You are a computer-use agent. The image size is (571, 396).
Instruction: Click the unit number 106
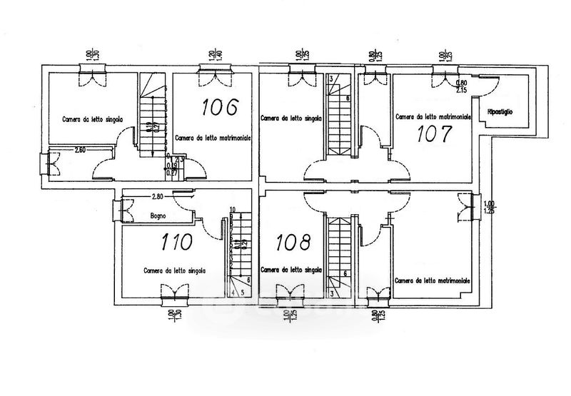pyautogui.click(x=219, y=107)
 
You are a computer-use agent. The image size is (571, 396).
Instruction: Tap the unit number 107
pyautogui.click(x=435, y=133)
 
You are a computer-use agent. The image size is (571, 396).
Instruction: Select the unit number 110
pyautogui.click(x=176, y=242)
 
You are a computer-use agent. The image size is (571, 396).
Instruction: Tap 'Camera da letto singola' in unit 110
pyautogui.click(x=175, y=270)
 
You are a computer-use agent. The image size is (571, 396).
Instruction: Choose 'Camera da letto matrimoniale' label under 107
pyautogui.click(x=433, y=116)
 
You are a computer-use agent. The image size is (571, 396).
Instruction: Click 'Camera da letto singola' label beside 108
pyautogui.click(x=291, y=270)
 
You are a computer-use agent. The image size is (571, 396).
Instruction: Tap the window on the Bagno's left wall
pyautogui.click(x=126, y=210)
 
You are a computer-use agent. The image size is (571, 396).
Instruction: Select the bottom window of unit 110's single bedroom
pyautogui.click(x=174, y=292)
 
